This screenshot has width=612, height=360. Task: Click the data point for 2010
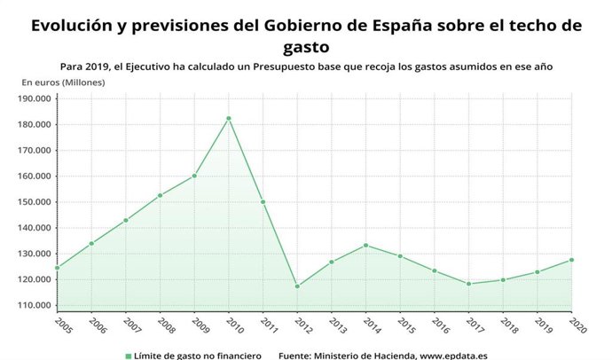pyautogui.click(x=229, y=118)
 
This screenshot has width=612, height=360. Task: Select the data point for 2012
pyautogui.click(x=297, y=286)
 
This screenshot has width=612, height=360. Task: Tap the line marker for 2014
pyautogui.click(x=365, y=245)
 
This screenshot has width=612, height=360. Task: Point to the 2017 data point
pyautogui.click(x=468, y=284)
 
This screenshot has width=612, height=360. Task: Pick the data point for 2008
pyautogui.click(x=160, y=195)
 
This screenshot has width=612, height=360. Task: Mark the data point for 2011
pyautogui.click(x=263, y=201)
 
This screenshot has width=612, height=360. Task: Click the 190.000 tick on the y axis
pyautogui.click(x=34, y=98)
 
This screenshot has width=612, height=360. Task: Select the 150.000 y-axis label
pyautogui.click(x=34, y=201)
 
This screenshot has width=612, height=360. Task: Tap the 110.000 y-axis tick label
pyautogui.click(x=34, y=305)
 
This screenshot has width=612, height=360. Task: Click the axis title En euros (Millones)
pyautogui.click(x=63, y=82)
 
